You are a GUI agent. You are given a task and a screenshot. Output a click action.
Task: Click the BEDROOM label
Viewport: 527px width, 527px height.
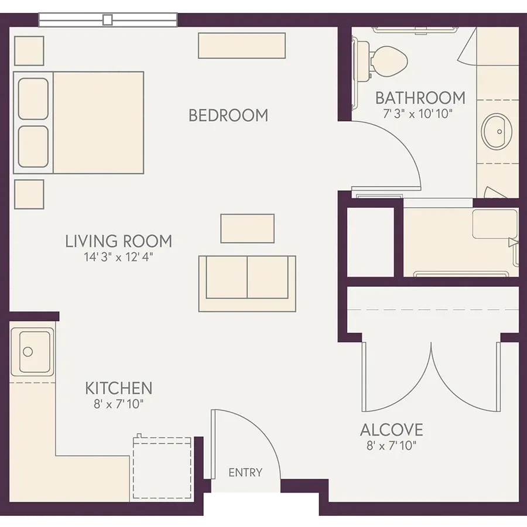coord(228,115)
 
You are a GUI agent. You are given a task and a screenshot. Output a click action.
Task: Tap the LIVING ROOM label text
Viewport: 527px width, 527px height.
coord(118,241)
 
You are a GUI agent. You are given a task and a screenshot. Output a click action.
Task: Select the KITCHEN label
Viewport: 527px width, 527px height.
coord(119,388)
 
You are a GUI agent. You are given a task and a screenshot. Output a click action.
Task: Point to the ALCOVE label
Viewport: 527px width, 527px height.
coord(392,430)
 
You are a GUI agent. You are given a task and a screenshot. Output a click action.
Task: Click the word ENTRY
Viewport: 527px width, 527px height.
coord(245,473)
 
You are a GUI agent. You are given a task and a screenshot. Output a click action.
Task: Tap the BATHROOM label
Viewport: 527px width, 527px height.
coord(420,98)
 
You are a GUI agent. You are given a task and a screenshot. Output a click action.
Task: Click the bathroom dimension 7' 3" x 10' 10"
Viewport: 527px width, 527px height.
coord(418,114)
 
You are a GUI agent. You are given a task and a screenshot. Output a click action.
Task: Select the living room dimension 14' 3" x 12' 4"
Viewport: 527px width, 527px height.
coord(118,257)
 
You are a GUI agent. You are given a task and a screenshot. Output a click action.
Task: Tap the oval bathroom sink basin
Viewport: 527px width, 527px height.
coord(497,131)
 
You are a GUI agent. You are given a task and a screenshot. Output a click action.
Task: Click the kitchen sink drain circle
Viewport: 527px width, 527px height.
coord(28,352)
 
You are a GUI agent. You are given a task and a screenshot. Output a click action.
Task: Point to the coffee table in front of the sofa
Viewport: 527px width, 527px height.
coord(247,228)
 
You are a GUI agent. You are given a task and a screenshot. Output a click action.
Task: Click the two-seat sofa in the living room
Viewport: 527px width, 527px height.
coord(247,283)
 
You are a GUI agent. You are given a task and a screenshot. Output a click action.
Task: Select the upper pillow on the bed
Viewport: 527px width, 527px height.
coord(33,99)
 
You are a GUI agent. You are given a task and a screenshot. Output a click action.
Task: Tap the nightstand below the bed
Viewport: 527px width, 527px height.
coord(29,194)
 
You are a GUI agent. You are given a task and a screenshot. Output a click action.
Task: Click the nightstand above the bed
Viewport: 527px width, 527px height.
coord(29,51)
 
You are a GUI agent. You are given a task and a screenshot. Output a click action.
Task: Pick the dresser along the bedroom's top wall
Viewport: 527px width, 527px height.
coord(242,46)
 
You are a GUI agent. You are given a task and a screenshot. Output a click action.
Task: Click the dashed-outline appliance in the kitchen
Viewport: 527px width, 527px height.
coord(162,468)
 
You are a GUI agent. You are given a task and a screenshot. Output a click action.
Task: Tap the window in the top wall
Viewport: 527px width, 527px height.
coord(108,20)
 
